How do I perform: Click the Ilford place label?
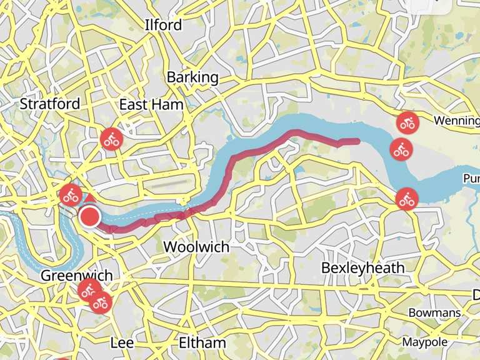[x=163, y=25]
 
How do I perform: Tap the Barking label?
[x=192, y=77]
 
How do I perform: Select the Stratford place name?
[x=50, y=104]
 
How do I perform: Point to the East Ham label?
[x=151, y=104]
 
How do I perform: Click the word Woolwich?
[x=196, y=247]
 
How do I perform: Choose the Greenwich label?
[x=76, y=276]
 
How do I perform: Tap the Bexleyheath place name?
[x=363, y=268]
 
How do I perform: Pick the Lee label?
[x=122, y=342]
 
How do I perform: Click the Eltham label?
[x=202, y=342]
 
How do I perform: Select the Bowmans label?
[x=435, y=312]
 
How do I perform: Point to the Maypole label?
[x=425, y=342]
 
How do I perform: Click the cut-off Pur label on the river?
[x=471, y=179]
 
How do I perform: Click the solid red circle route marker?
[x=91, y=217]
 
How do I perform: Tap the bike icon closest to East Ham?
[x=112, y=139]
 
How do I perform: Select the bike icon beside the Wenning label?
[x=407, y=122]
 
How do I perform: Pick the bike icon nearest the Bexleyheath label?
[x=407, y=200]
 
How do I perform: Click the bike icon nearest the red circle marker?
[x=71, y=195]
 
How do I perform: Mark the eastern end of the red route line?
[x=357, y=141]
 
